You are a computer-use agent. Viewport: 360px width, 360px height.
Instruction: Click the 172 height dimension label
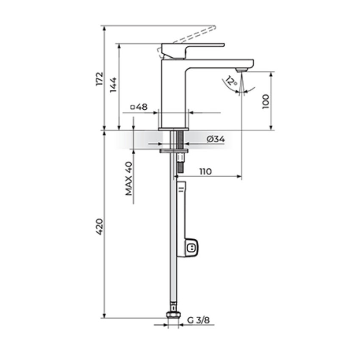(x=100, y=79)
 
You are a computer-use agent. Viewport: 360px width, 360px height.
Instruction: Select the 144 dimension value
(x=113, y=85)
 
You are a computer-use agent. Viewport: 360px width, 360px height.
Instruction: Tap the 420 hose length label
(x=100, y=227)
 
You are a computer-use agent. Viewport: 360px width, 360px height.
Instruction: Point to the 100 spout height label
(x=266, y=102)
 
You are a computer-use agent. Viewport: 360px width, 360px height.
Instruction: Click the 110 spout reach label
(x=205, y=171)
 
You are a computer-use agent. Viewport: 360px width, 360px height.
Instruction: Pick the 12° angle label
(x=231, y=81)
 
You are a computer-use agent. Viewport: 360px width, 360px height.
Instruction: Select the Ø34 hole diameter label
(x=216, y=139)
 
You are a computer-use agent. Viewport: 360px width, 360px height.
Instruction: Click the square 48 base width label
(x=139, y=107)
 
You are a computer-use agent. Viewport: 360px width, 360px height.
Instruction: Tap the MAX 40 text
(x=129, y=178)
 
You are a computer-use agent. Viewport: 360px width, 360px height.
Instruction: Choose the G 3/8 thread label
(x=198, y=320)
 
